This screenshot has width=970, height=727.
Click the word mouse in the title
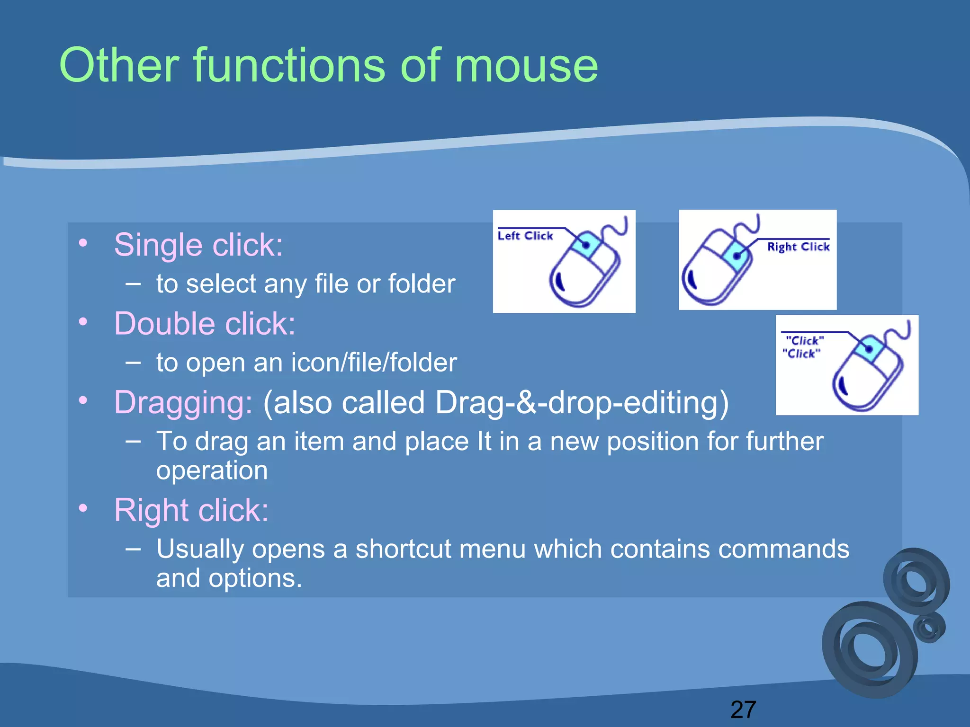526,66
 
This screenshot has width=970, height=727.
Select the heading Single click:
198,245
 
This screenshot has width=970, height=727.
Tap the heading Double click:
205,324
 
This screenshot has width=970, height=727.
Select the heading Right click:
191,510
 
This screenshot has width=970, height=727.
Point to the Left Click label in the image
525,236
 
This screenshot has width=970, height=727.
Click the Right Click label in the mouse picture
798,247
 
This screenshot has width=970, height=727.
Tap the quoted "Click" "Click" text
803,347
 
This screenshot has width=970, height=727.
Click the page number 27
743,709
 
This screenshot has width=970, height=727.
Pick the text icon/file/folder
374,363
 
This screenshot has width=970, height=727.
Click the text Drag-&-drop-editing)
582,403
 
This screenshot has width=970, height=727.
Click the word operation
212,470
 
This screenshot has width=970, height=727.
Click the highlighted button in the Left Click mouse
585,245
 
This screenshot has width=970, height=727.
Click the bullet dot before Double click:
83,322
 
